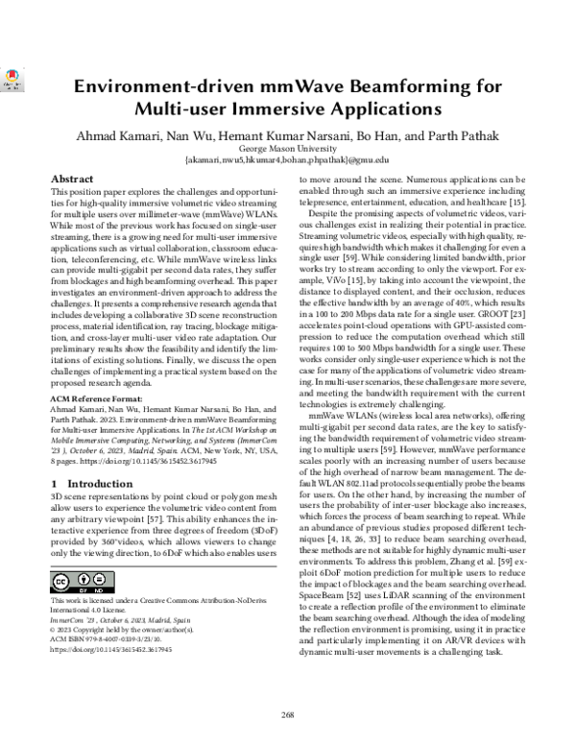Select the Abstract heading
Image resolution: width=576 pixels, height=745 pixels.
point(71,180)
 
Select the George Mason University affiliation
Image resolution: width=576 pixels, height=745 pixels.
point(286,147)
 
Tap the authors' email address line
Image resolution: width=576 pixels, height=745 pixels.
point(286,159)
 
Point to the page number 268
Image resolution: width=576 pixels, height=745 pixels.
point(286,713)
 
